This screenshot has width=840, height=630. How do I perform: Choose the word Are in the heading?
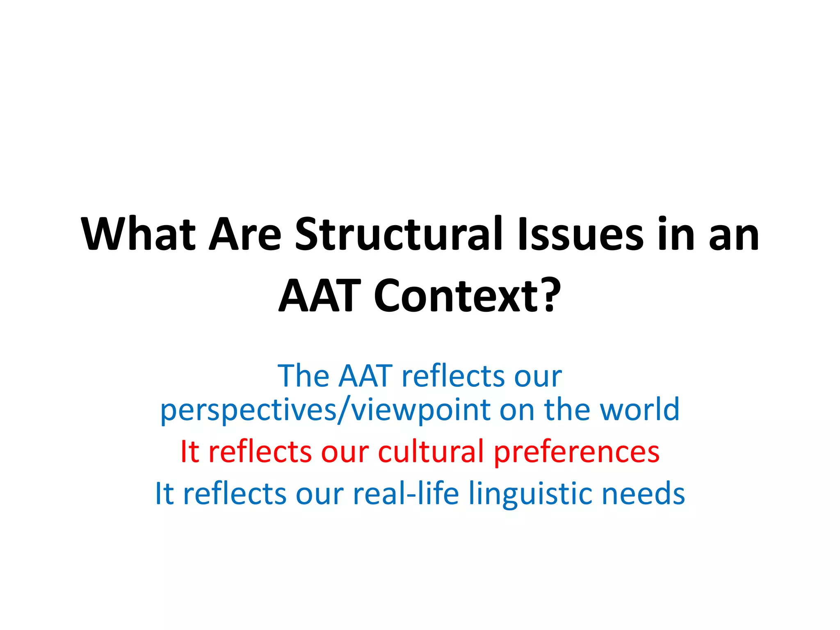245,234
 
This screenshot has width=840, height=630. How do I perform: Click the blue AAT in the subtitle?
365,376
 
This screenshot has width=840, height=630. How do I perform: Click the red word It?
189,452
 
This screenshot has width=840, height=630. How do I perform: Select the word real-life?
406,493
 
